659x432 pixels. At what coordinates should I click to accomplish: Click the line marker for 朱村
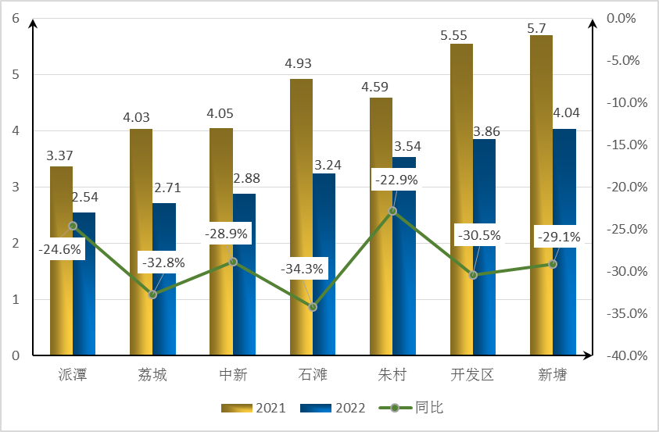pos(392,211)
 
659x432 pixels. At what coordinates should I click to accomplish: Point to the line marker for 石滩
pos(313,307)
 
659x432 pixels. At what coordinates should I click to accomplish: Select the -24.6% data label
pos(59,250)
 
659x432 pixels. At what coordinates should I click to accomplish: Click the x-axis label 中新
pos(233,375)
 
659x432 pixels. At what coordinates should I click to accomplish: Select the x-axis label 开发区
pos(472,375)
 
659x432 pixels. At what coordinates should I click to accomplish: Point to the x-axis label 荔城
pos(152,375)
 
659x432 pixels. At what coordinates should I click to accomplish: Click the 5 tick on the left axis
pos(16,75)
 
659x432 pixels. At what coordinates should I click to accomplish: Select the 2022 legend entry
pos(339,408)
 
